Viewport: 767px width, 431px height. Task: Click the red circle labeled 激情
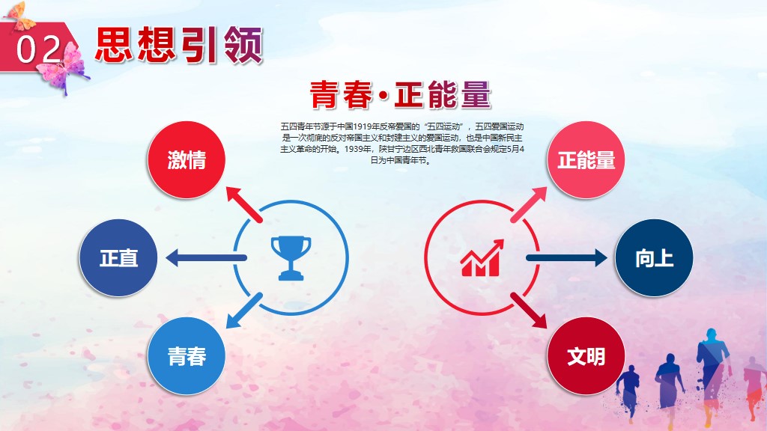click(187, 160)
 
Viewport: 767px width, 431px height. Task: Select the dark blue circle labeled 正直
click(118, 257)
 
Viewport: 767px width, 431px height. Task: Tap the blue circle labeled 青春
click(187, 355)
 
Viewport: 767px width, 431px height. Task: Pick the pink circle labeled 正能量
click(586, 160)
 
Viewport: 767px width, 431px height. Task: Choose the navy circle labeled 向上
click(654, 257)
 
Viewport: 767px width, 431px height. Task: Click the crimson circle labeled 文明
click(586, 355)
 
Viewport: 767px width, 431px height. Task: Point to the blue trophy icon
click(291, 258)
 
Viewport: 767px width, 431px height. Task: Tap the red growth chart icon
click(482, 258)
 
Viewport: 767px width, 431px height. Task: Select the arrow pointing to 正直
click(206, 257)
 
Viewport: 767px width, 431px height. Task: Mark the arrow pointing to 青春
click(244, 311)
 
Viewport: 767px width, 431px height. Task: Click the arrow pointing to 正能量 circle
click(528, 205)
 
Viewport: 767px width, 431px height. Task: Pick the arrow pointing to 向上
click(566, 257)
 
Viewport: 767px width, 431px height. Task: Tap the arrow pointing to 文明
click(528, 311)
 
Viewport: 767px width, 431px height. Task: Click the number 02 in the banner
click(38, 49)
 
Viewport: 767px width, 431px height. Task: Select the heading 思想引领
click(179, 46)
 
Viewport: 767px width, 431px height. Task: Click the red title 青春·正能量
click(400, 94)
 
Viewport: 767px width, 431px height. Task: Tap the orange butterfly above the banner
click(19, 15)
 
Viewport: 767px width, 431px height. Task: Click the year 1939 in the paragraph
click(354, 149)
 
